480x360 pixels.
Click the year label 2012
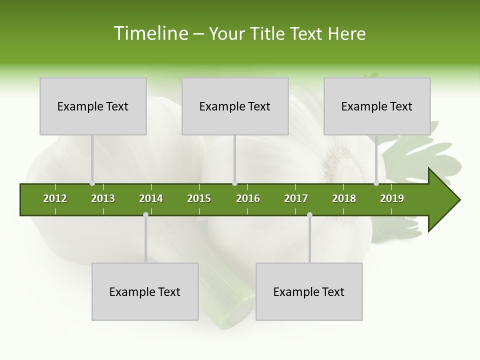click(55, 198)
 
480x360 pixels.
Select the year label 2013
click(103, 198)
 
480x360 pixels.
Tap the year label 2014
click(151, 198)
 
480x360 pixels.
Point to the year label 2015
click(199, 198)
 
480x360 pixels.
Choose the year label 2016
click(248, 198)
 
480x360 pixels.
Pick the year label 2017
click(296, 198)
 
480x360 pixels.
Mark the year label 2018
click(344, 198)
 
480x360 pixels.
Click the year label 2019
click(392, 198)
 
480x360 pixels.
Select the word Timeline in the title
click(150, 33)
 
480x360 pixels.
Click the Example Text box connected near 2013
click(93, 106)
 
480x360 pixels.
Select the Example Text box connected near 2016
click(235, 106)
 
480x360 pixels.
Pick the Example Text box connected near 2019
click(377, 106)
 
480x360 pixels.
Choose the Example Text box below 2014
click(145, 291)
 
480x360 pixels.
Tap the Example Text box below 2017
click(309, 291)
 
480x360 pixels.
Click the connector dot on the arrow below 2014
click(145, 214)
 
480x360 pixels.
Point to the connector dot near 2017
click(309, 214)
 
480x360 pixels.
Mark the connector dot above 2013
click(92, 183)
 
